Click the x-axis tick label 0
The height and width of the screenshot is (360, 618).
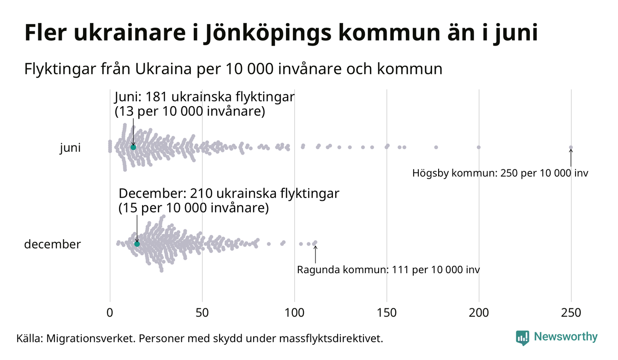(110, 313)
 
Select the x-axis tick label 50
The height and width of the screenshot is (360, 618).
(202, 313)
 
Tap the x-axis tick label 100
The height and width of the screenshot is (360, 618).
(294, 313)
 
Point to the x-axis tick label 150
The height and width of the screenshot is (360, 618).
(386, 313)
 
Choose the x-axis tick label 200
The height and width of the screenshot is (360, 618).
(479, 313)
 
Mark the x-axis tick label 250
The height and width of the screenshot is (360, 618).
(571, 313)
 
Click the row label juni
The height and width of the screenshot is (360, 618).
(70, 148)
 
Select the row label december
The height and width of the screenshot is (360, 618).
(52, 244)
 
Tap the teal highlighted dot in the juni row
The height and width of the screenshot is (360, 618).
(133, 147)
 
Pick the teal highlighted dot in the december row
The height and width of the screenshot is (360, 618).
(137, 244)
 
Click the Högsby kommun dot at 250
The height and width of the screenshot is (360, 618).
(571, 148)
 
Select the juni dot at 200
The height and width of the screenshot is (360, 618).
(479, 147)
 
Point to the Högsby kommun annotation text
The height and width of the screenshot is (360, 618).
(500, 174)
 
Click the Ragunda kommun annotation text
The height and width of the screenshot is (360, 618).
(388, 270)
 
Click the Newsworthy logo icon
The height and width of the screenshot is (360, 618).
(523, 338)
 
